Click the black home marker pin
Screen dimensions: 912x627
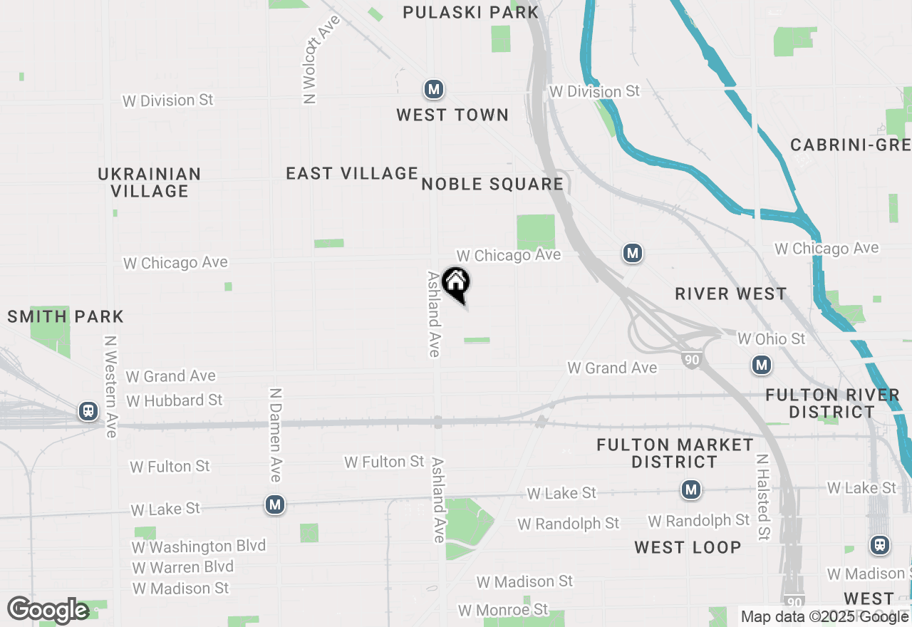point(455,284)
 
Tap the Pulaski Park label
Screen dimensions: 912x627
point(470,12)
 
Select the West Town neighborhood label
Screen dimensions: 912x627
point(452,115)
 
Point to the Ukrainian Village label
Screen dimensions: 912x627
point(150,182)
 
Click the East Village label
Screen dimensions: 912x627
point(352,173)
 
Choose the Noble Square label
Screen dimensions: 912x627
point(492,185)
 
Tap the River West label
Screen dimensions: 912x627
point(730,294)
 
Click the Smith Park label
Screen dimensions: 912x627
point(66,316)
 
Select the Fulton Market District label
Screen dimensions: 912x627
point(674,453)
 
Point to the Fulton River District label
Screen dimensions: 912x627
point(832,403)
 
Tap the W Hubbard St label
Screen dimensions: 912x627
point(175,400)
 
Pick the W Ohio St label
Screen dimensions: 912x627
point(771,338)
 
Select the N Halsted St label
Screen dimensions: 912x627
point(763,497)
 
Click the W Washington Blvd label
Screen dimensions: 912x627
point(199,546)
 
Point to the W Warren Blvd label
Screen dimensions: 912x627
point(182,567)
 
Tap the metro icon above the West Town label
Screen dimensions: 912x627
point(433,90)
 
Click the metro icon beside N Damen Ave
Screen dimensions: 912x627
point(275,505)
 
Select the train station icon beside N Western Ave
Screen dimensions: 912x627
point(88,411)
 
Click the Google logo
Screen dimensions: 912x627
point(48,610)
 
